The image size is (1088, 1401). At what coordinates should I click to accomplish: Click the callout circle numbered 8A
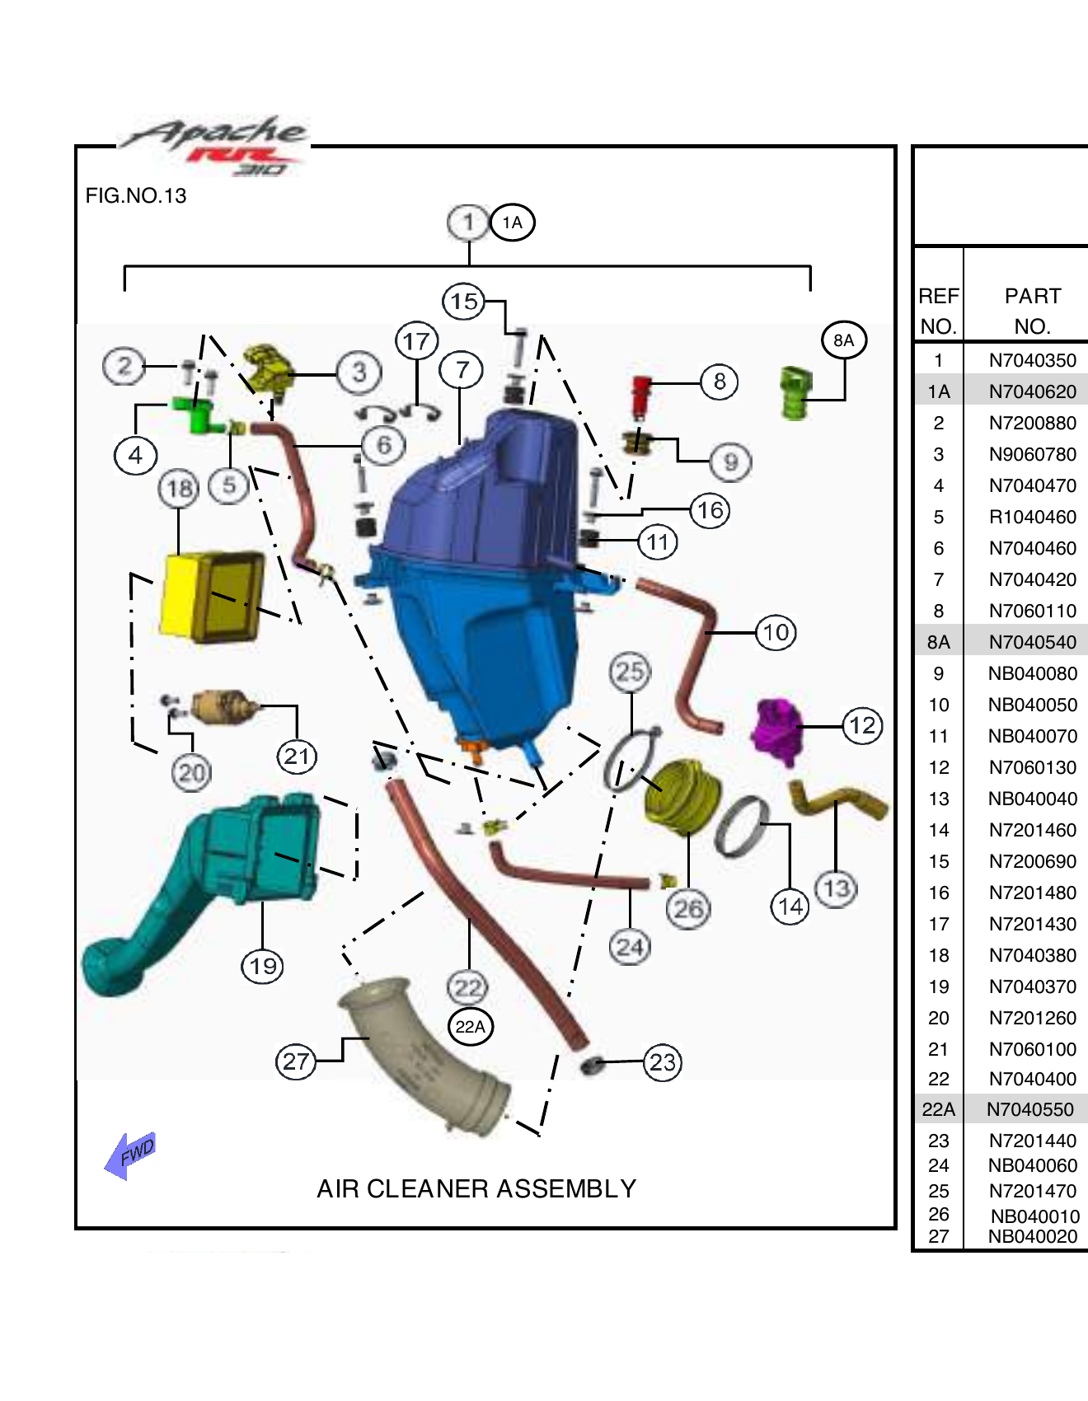click(x=844, y=340)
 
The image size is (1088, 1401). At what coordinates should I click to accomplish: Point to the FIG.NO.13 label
click(x=136, y=196)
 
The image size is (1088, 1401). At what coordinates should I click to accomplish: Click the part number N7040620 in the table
click(x=1032, y=391)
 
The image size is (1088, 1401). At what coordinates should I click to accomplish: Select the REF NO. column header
click(x=938, y=311)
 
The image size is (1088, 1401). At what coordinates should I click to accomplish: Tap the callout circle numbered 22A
click(x=471, y=1027)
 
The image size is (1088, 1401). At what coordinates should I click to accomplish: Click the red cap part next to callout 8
click(x=641, y=396)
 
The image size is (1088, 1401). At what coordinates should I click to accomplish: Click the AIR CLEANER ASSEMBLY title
click(x=476, y=1188)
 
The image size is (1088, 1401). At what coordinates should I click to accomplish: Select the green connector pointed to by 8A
click(x=795, y=394)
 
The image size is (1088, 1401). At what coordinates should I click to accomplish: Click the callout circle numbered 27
click(x=296, y=1061)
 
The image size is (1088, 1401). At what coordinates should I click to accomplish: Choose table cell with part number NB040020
click(x=1032, y=1236)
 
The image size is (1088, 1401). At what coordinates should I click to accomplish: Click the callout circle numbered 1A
click(x=513, y=223)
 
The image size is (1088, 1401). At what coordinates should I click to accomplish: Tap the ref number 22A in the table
click(x=938, y=1109)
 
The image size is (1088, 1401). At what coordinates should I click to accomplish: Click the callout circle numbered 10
click(x=776, y=633)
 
